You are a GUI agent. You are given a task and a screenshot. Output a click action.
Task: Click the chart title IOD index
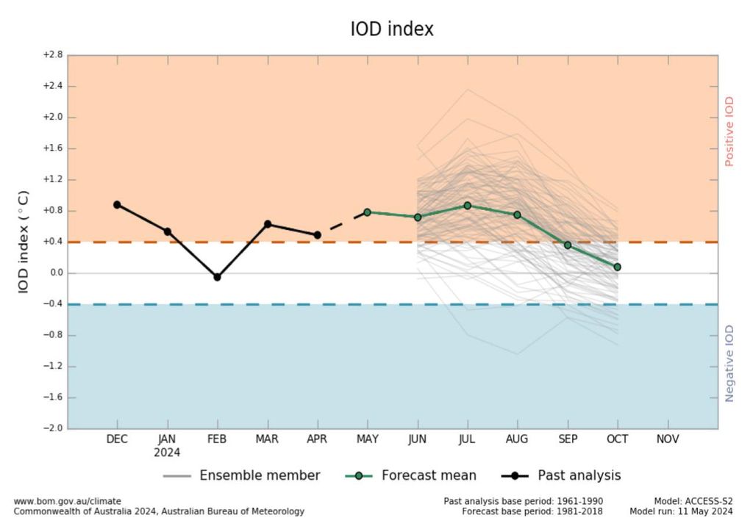(392, 29)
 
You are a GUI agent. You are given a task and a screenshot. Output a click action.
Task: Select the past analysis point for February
(217, 277)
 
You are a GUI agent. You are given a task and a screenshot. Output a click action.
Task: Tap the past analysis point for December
(117, 204)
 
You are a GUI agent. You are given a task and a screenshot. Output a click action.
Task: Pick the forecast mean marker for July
(467, 206)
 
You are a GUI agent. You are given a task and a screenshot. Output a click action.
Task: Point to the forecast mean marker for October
(617, 267)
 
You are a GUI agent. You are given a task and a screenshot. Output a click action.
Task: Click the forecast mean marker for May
(367, 212)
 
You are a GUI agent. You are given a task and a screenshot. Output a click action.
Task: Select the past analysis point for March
(268, 223)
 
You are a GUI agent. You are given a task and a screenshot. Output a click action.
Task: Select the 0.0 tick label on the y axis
(54, 273)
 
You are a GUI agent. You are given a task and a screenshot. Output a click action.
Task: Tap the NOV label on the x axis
(667, 439)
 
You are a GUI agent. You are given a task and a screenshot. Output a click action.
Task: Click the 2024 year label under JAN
(167, 453)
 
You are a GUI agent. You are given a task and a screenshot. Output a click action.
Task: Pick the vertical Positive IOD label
(729, 132)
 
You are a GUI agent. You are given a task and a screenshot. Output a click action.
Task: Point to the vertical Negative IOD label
(729, 364)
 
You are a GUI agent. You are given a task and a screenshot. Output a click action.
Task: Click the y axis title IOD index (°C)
(24, 242)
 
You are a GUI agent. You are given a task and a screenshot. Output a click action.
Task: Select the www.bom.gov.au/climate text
(68, 501)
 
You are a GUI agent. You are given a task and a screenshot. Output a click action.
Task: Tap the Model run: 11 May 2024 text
(681, 511)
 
